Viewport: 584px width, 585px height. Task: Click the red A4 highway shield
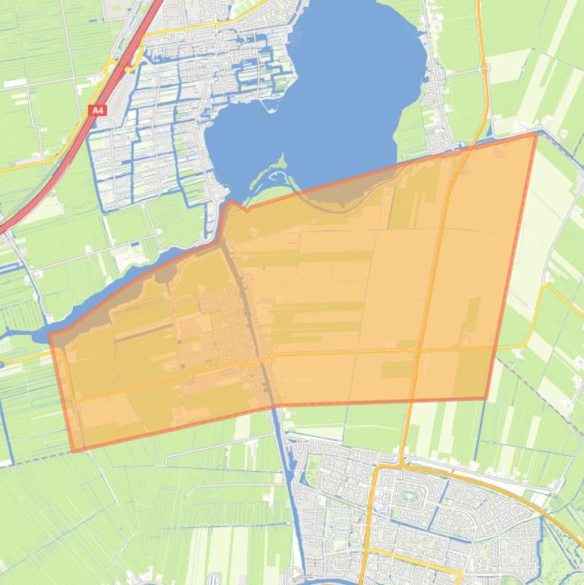point(97,111)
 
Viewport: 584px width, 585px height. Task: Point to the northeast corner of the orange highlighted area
point(536,134)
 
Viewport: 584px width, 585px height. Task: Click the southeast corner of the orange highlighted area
point(486,397)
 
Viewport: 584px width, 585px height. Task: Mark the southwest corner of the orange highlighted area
point(74,451)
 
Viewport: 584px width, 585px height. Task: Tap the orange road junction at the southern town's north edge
point(401,463)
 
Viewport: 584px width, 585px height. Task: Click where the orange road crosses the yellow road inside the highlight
point(418,350)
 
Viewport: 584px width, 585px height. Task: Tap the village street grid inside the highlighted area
point(228,319)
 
